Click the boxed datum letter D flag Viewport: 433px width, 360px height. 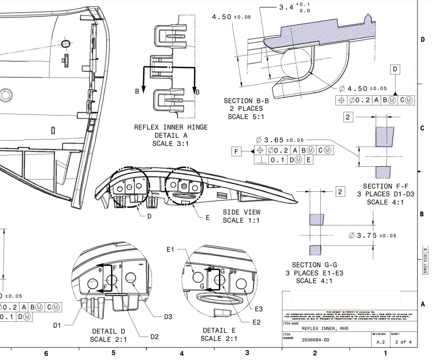[x=395, y=70]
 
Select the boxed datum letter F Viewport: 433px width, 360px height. [x=236, y=151]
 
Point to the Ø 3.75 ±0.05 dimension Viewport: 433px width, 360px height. [x=373, y=235]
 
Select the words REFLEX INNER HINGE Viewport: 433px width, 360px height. [x=171, y=127]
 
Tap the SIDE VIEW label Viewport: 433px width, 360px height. [x=242, y=212]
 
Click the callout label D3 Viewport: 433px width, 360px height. [x=169, y=316]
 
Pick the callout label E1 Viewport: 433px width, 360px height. [x=171, y=250]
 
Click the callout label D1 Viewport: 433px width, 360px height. [x=57, y=325]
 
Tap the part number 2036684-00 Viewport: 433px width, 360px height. [x=315, y=340]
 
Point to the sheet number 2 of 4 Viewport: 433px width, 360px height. [x=403, y=342]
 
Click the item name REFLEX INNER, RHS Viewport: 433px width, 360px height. [x=325, y=328]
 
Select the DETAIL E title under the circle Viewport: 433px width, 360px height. [x=219, y=330]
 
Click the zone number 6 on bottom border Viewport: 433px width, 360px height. [x=45, y=353]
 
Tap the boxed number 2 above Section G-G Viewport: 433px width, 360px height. [x=340, y=192]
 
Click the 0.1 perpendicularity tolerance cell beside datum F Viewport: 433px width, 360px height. [x=277, y=160]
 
